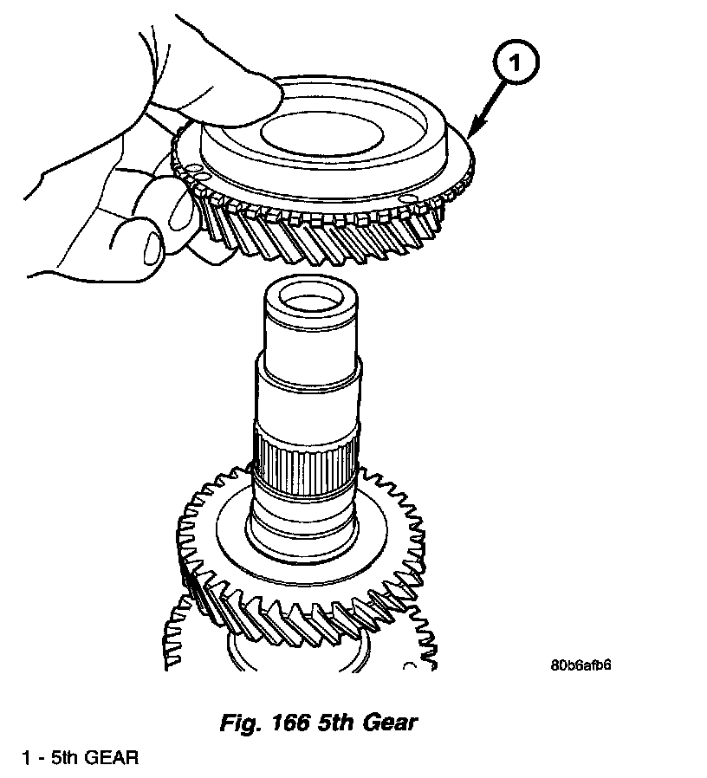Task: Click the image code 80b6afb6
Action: pos(587,665)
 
